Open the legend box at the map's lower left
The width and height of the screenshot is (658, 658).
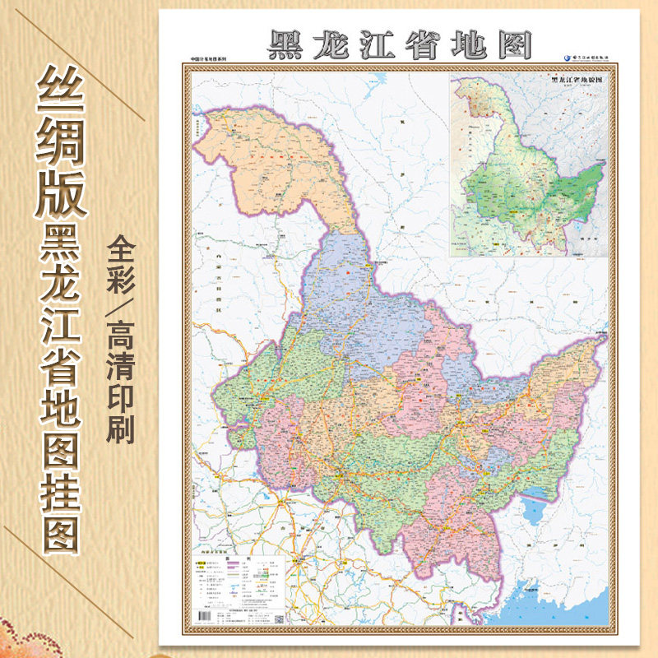(x=238, y=584)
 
